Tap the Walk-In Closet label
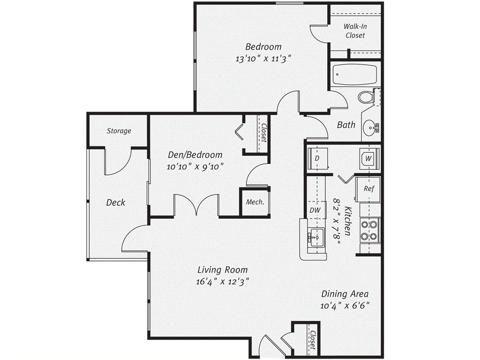pos(355,31)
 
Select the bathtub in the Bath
pos(355,74)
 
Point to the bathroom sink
pos(373,127)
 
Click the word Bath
pos(346,125)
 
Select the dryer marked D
pos(317,158)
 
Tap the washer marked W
pos(368,158)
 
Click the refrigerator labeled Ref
pos(368,188)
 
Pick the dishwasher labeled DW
pos(315,210)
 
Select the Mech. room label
pos(255,202)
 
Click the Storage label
pos(119,131)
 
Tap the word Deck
pos(115,202)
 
